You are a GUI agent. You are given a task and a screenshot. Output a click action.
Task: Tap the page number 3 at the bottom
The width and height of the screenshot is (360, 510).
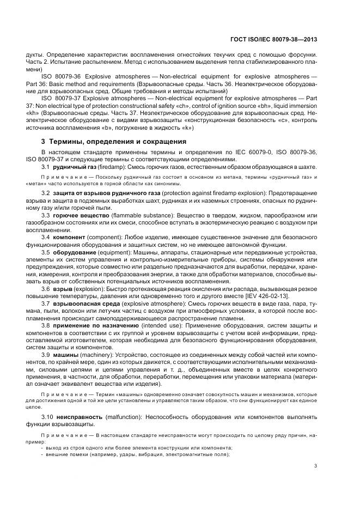(x=316, y=465)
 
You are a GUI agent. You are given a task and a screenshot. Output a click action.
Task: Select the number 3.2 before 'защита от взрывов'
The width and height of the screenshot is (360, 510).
(x=46, y=193)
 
